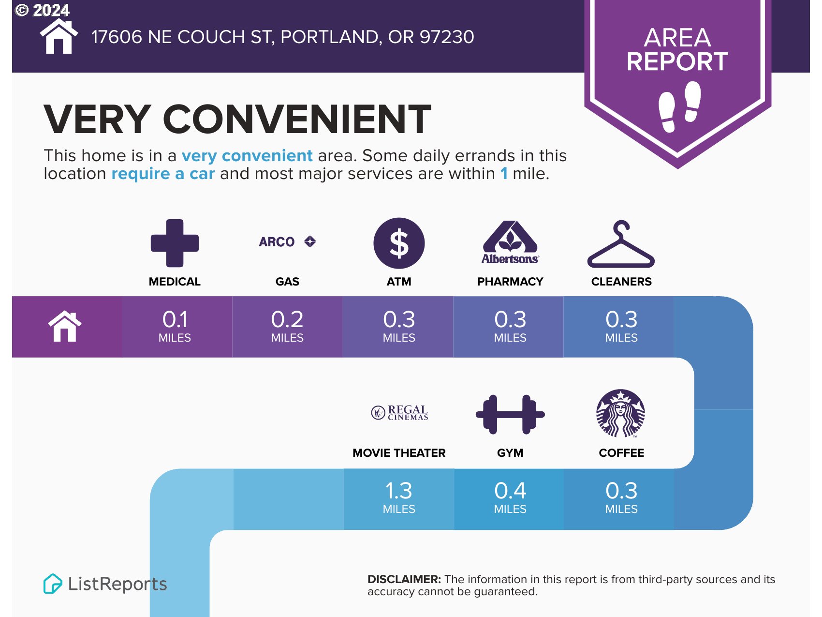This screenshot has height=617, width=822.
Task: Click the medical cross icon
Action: (x=175, y=243)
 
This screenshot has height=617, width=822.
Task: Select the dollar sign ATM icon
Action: (x=399, y=243)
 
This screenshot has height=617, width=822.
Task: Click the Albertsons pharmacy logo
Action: (x=510, y=242)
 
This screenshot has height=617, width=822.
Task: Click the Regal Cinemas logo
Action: (x=399, y=413)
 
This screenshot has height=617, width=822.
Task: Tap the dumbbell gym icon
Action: (x=510, y=414)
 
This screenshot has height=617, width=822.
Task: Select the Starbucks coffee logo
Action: (x=621, y=413)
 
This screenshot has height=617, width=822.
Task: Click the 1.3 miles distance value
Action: (x=399, y=497)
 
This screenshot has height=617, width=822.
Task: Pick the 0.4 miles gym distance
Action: (x=510, y=497)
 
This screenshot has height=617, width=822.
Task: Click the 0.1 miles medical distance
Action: (x=175, y=326)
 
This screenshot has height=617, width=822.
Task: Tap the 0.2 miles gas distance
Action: (x=287, y=326)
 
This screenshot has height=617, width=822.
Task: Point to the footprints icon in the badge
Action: (x=680, y=106)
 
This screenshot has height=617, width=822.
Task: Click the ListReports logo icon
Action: (x=53, y=584)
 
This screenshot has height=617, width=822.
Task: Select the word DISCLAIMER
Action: (x=404, y=579)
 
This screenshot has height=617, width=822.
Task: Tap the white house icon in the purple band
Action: (x=65, y=326)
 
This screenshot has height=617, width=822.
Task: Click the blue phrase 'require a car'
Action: (x=163, y=173)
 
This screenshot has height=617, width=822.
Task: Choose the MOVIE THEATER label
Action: (x=399, y=453)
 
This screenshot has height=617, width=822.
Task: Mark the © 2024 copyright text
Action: (x=43, y=10)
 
